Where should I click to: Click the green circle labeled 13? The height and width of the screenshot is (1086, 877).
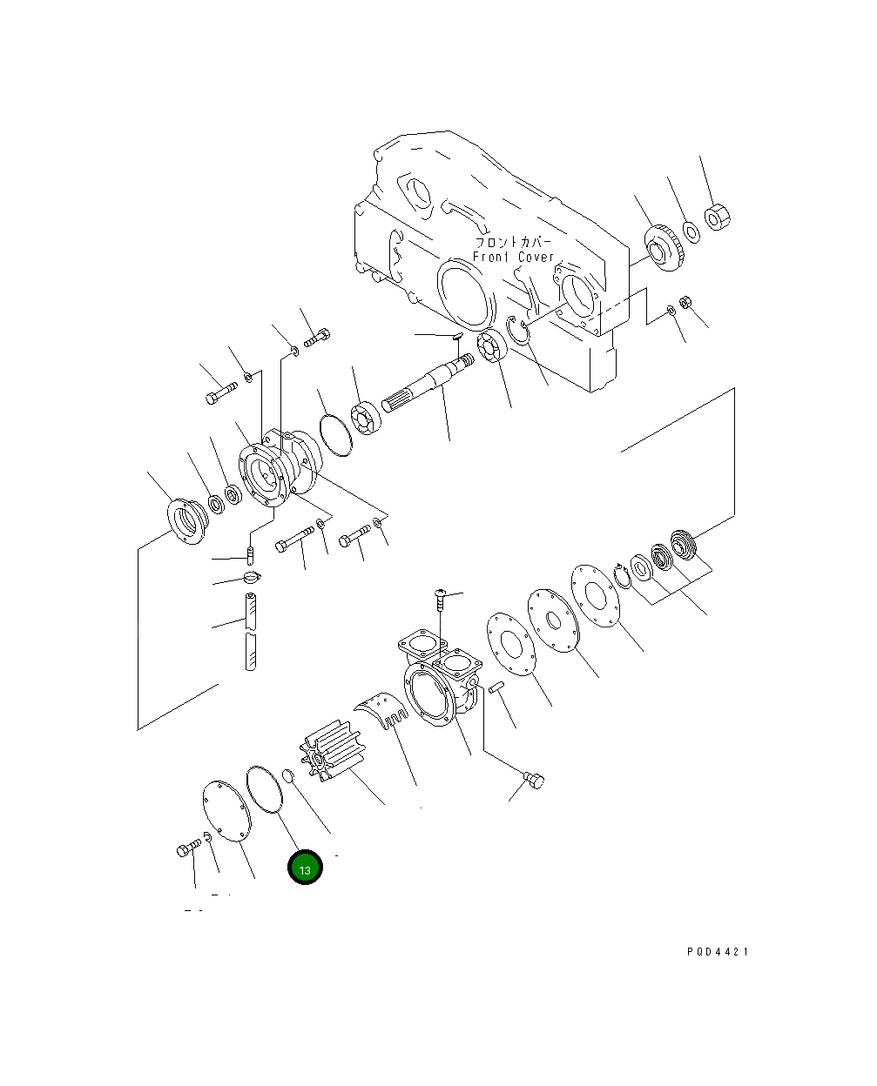click(305, 868)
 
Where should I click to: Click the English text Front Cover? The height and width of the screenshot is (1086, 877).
click(514, 258)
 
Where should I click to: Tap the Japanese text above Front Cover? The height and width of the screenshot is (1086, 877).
click(513, 242)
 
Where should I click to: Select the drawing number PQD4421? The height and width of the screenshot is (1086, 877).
click(717, 951)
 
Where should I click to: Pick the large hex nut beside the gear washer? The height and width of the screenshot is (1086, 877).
click(717, 216)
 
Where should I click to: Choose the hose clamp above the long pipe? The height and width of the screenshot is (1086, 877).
click(251, 576)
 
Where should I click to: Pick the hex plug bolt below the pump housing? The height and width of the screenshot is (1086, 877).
click(534, 781)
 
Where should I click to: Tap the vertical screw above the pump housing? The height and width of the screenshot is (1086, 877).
click(442, 600)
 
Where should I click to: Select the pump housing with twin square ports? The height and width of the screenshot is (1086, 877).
click(440, 683)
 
